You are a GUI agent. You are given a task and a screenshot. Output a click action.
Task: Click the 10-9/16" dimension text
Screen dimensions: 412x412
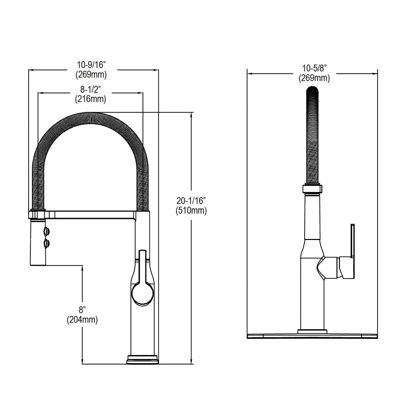click(92, 65)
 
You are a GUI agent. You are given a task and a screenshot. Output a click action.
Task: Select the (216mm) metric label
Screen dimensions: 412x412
click(90, 99)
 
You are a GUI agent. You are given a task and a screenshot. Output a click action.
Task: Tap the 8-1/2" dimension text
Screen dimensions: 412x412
click(90, 90)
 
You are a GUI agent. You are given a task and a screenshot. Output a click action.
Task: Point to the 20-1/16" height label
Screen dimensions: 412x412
click(191, 201)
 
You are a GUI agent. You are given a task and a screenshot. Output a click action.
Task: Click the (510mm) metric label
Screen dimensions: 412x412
click(191, 210)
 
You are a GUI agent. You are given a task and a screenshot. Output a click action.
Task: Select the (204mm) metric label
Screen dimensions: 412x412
click(82, 320)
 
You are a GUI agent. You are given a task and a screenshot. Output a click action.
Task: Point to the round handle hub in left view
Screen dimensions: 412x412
click(142, 294)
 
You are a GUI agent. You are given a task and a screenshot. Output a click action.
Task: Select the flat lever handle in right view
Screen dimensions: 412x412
click(352, 240)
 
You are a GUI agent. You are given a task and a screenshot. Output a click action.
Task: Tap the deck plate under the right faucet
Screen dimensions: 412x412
click(312, 335)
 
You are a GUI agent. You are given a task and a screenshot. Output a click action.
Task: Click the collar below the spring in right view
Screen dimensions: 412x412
click(312, 189)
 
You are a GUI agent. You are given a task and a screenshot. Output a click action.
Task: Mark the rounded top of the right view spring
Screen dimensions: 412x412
click(312, 91)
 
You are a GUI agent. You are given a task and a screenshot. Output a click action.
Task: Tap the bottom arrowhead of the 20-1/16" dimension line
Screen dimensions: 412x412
click(191, 361)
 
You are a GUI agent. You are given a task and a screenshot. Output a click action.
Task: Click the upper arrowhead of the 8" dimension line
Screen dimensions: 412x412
click(82, 268)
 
